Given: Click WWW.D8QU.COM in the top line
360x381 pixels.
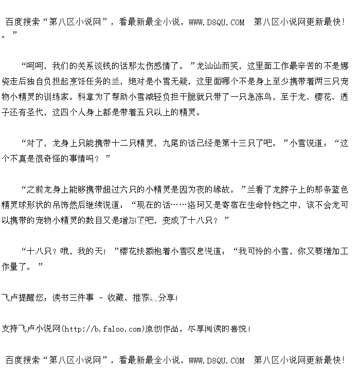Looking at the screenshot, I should point(217,22).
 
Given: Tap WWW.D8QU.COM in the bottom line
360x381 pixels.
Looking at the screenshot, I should point(217,360).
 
